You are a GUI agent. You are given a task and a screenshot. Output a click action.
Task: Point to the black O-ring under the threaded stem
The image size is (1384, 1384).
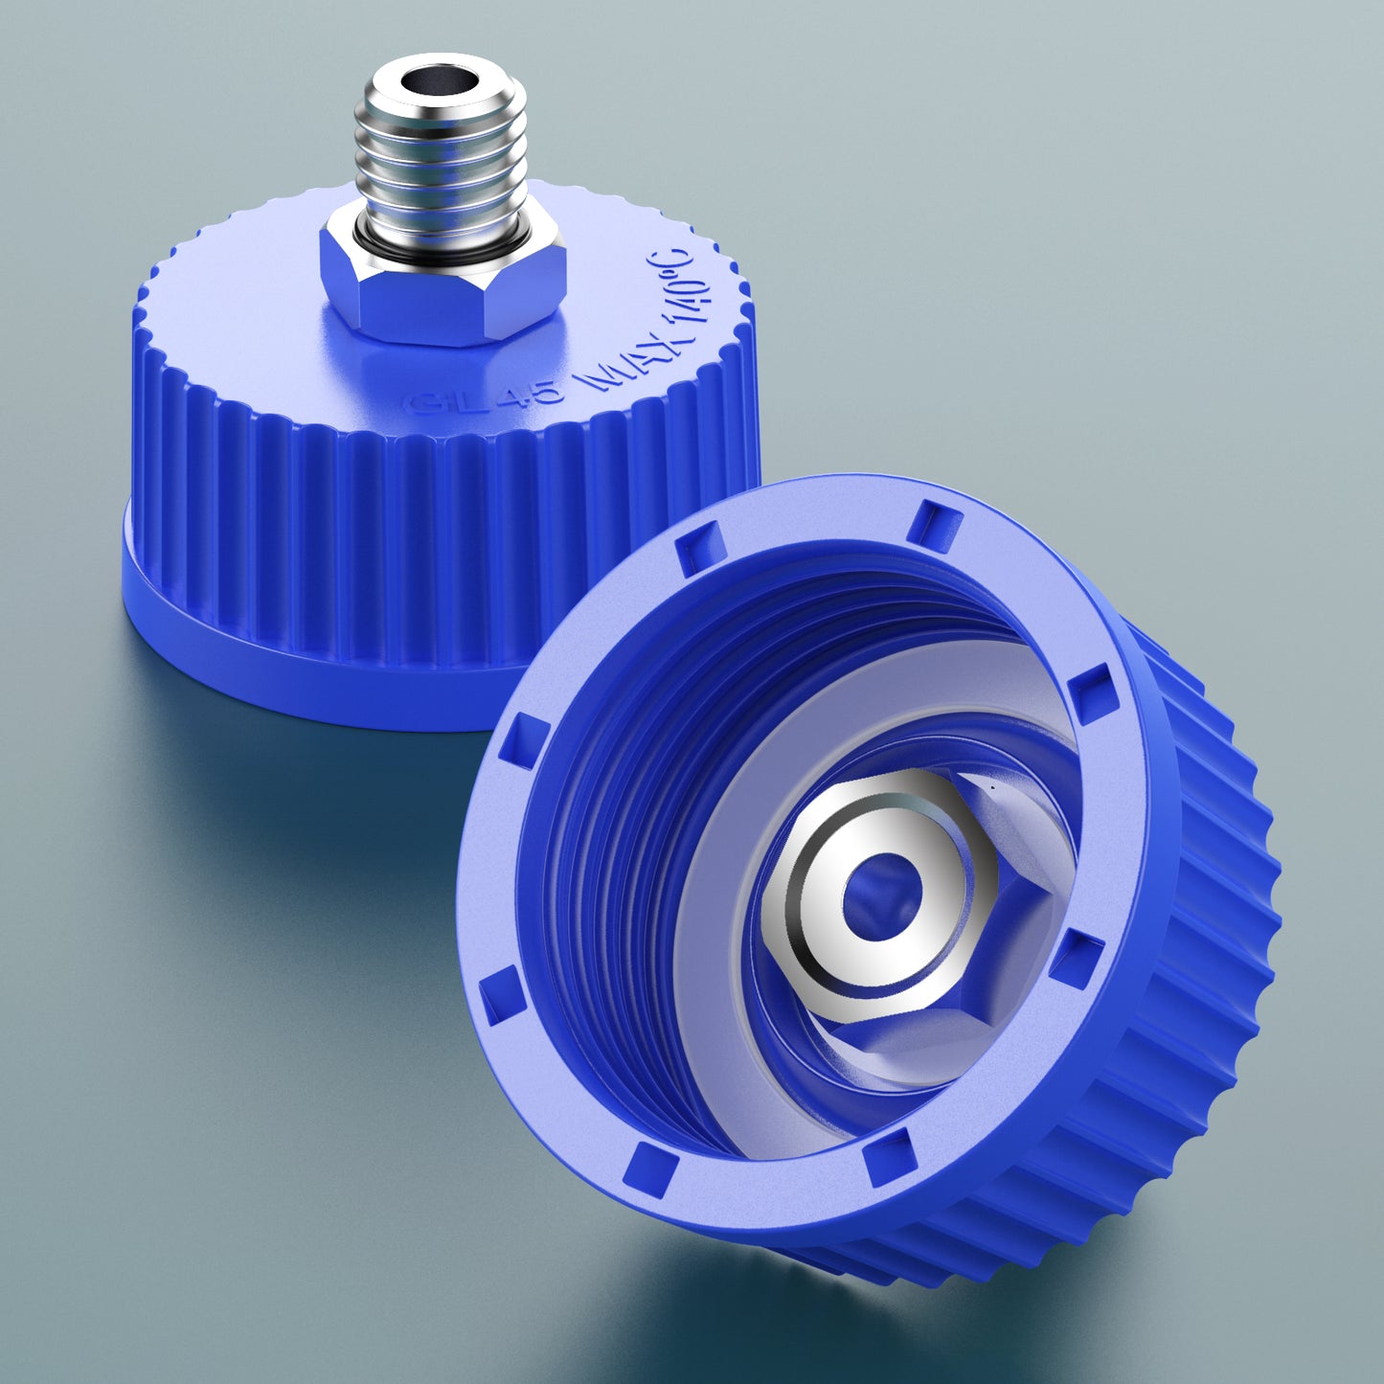pyautogui.click(x=369, y=236)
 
